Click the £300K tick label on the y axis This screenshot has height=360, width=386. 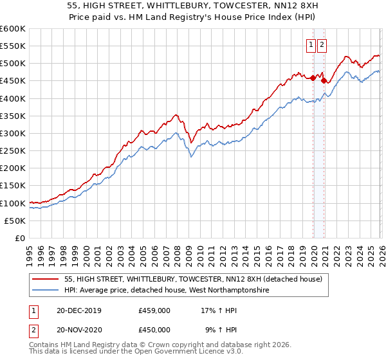point(13,134)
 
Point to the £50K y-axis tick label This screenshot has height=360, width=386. point(15,221)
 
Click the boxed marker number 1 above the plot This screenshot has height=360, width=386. point(311,45)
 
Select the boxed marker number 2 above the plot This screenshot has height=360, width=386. point(322,45)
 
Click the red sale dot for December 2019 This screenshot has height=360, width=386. point(313,78)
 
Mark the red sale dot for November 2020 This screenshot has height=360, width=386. point(324,81)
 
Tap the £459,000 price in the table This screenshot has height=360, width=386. point(154,310)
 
